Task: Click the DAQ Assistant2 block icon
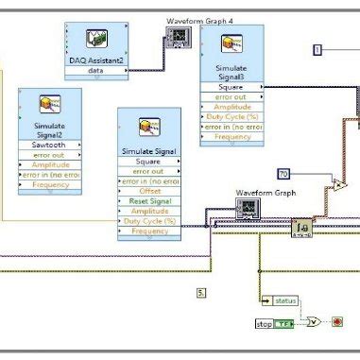coord(97,39)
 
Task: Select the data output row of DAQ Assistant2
coord(96,70)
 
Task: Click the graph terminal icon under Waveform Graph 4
coord(178,36)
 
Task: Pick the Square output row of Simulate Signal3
coord(231,87)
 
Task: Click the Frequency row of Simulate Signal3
coord(231,136)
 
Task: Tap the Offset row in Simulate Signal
coord(149,191)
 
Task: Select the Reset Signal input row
coord(149,201)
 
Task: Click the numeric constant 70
coord(283,174)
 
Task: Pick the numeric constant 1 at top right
coord(318,49)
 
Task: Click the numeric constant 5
coord(201,293)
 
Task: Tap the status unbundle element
coord(283,301)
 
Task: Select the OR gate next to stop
coord(314,321)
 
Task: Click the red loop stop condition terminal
coord(337,321)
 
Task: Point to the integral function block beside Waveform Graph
coord(302,228)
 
